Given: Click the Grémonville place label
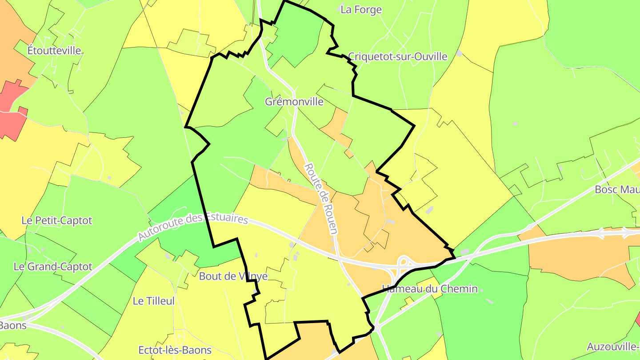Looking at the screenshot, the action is point(294,101).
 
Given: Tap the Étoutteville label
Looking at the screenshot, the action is point(54,50).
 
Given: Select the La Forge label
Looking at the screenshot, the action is point(361,10).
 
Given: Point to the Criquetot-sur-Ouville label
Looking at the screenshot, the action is point(397,56).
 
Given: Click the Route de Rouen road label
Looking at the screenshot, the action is point(321,198).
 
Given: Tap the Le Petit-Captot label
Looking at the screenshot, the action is point(57,220).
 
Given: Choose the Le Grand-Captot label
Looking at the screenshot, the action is point(53,267).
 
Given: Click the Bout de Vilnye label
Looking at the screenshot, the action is point(233,276).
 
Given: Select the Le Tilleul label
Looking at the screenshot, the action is point(154,301).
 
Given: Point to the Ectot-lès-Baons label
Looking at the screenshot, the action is point(175,350).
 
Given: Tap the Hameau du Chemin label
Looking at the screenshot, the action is point(430,289).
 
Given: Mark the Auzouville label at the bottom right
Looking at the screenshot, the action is point(613,347).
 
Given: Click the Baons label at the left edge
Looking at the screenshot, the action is point(12,325).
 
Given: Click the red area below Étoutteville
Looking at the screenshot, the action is point(13,120).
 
